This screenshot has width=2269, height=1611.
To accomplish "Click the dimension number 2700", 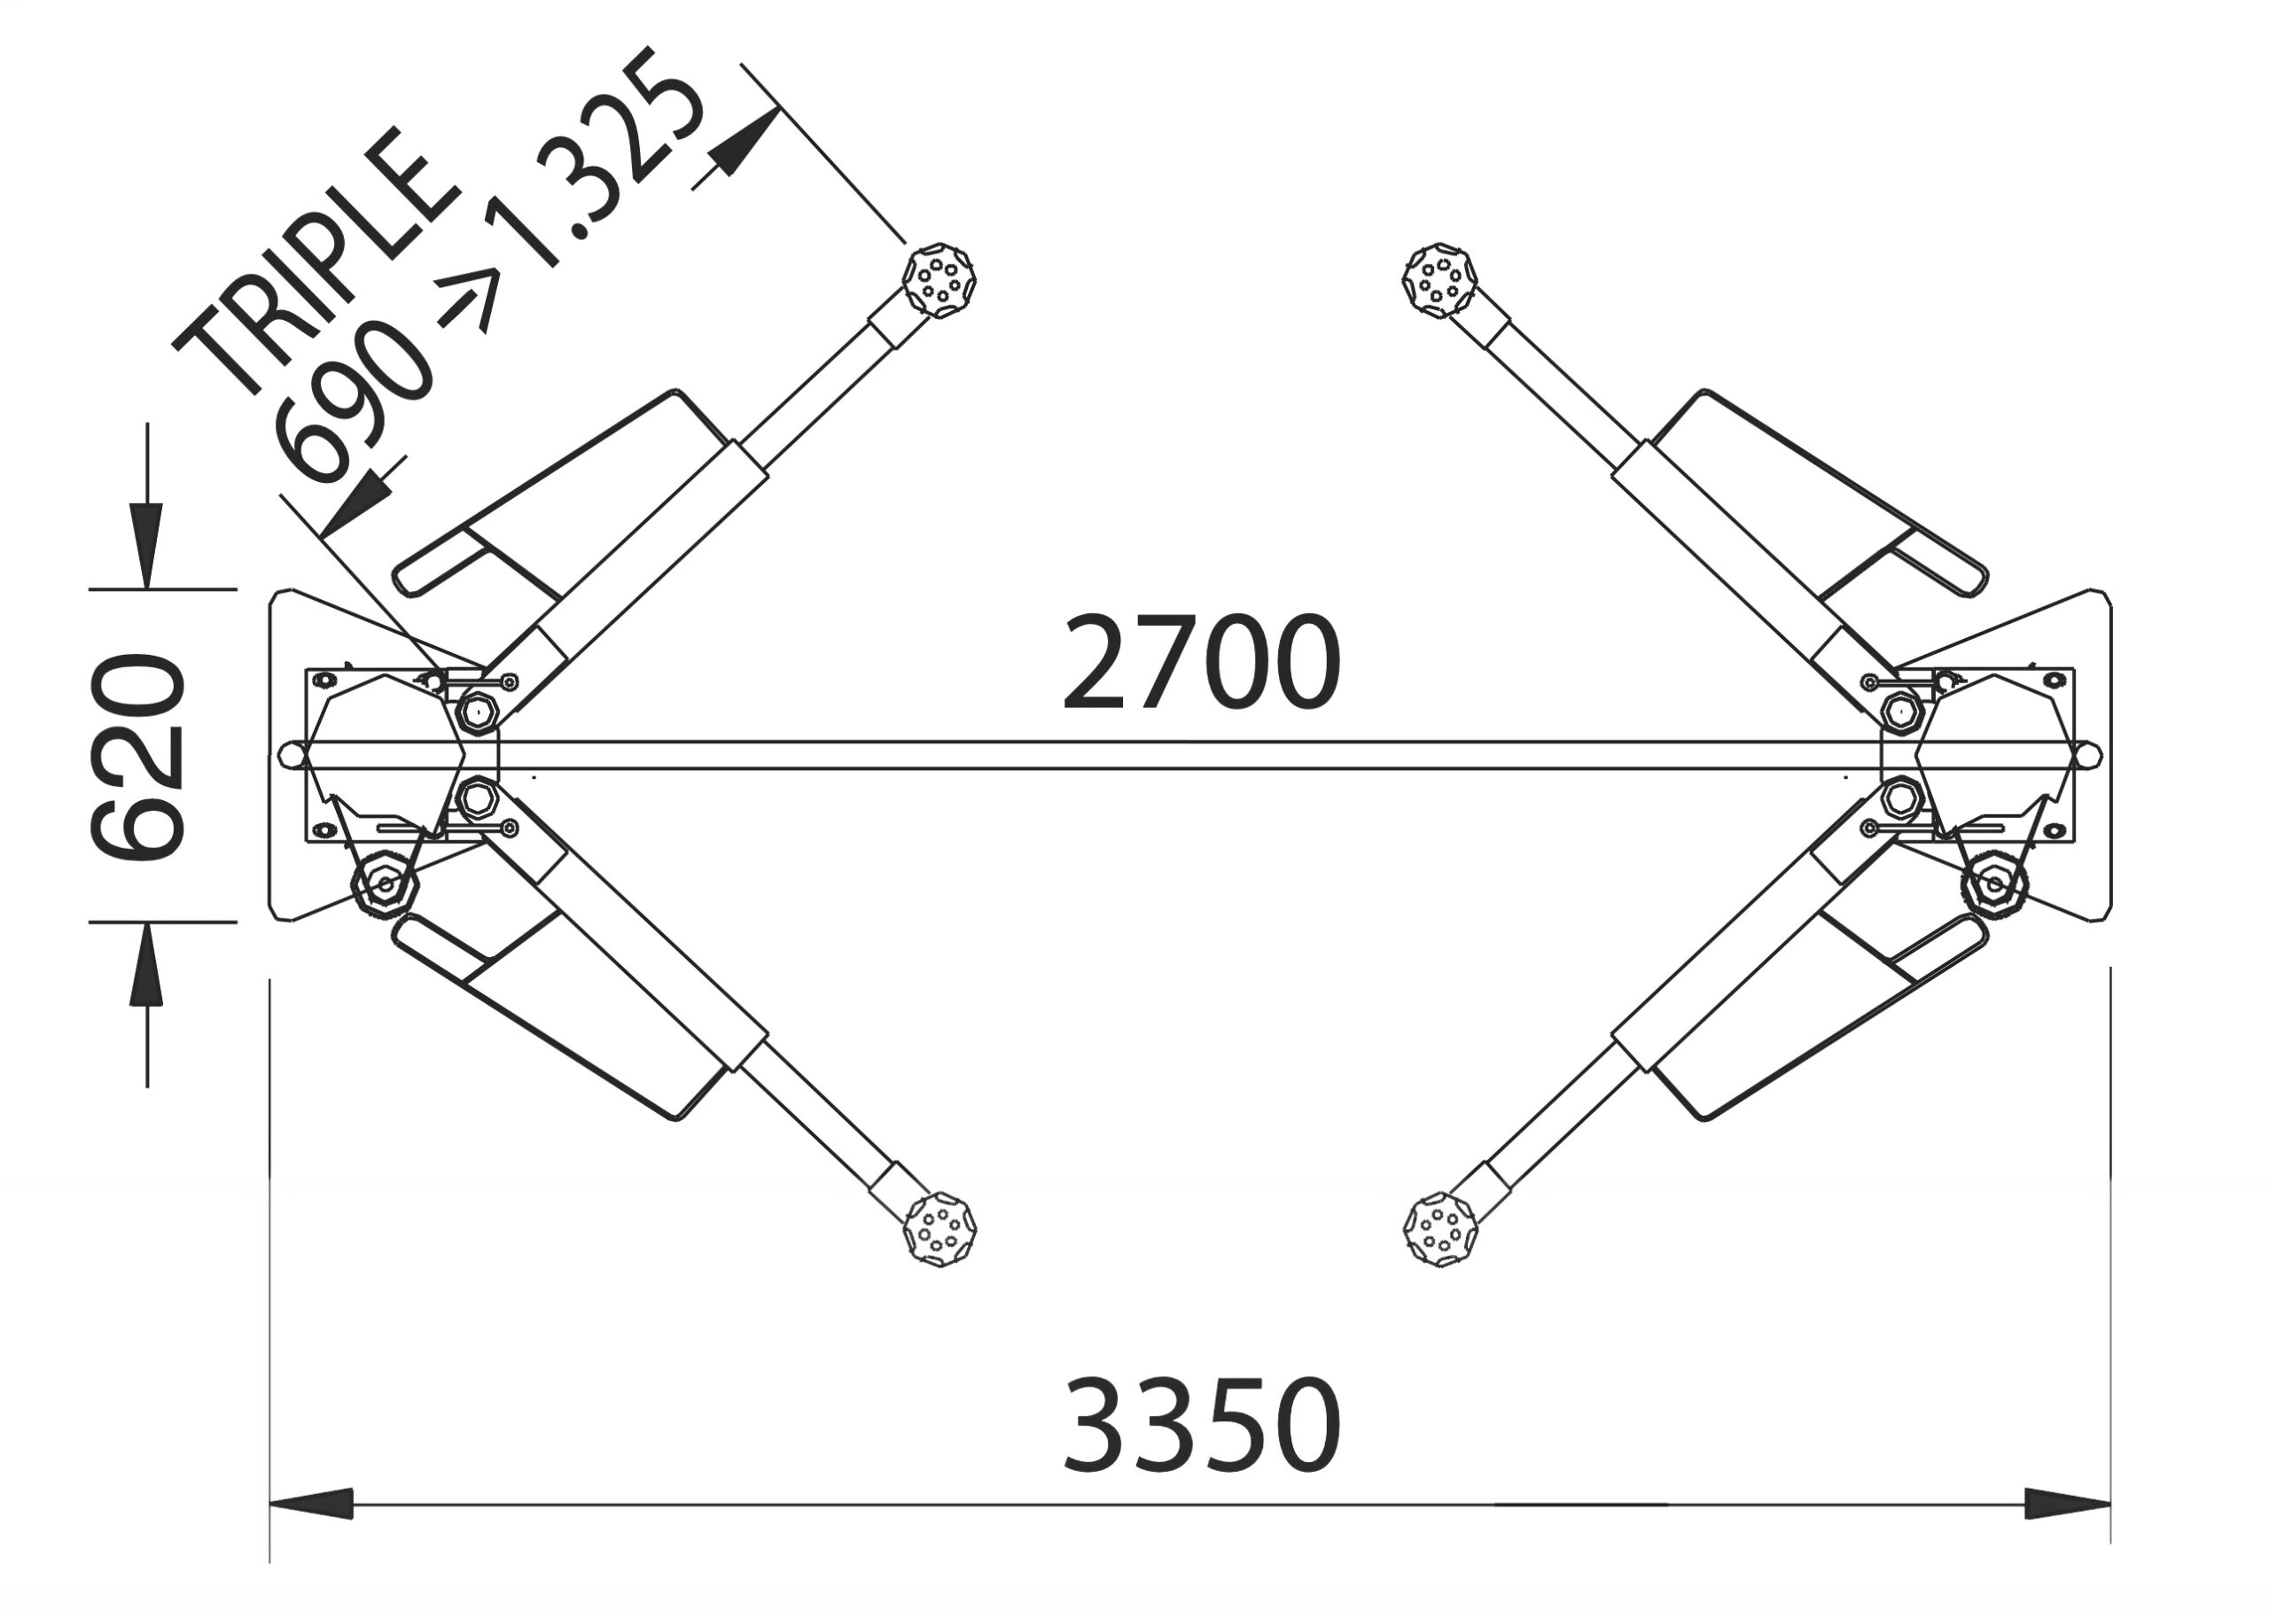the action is coord(1202,662).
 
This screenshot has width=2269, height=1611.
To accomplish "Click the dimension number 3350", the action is coord(1202,1423).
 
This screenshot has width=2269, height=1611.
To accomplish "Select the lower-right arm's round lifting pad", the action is coord(1440,1231).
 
